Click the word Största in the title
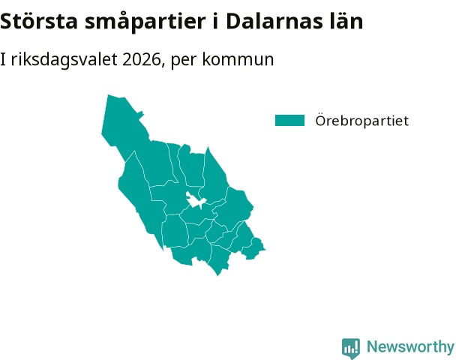click(39, 22)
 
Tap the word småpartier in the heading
click(145, 22)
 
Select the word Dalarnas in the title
click(274, 21)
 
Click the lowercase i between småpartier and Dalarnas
click(215, 21)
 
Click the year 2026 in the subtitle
click(142, 59)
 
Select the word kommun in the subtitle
click(238, 59)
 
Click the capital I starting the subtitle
click(3, 59)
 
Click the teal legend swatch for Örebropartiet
click(289, 121)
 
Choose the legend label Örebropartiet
click(362, 121)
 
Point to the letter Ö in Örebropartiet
click(321, 119)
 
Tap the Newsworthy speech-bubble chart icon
click(351, 348)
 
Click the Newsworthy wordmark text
click(410, 346)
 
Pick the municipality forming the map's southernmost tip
click(219, 259)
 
